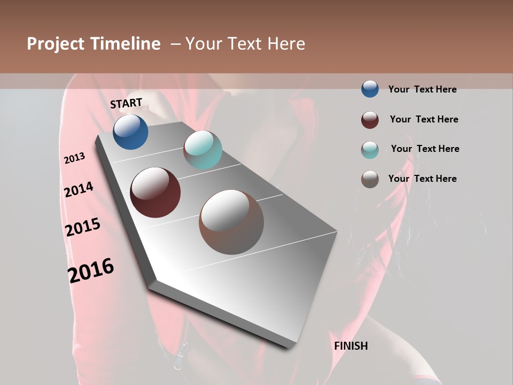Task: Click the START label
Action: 126,103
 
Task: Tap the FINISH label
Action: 351,346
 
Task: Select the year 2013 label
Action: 75,158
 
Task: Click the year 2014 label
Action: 79,190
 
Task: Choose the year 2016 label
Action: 91,271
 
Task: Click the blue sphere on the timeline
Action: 130,132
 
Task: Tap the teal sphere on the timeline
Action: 203,150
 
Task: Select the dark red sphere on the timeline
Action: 156,192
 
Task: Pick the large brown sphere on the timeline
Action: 231,222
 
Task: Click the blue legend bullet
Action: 370,89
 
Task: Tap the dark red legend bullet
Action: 370,119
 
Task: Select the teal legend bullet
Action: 370,149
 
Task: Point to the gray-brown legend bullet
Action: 370,179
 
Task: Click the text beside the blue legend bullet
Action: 422,89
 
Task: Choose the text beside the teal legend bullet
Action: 425,149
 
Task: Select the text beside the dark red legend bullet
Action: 424,119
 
